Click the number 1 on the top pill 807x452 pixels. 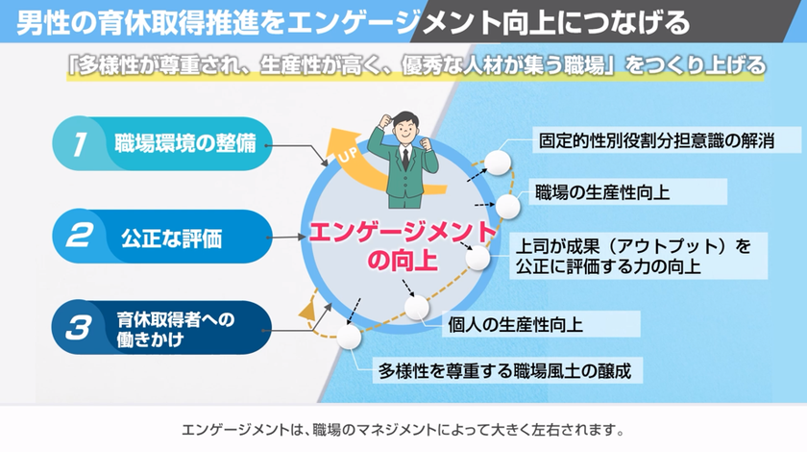[79, 144]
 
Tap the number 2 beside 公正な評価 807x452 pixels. [79, 236]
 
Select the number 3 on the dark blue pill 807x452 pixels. [78, 328]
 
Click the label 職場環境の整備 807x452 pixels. [185, 143]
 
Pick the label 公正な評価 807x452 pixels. [171, 239]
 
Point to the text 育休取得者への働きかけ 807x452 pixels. [176, 329]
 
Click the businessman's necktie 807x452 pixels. [405, 160]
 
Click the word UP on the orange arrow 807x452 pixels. [348, 153]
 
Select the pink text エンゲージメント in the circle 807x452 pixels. [402, 233]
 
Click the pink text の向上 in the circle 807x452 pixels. [402, 261]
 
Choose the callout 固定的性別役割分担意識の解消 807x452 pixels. [656, 140]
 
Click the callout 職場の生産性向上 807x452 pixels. [602, 192]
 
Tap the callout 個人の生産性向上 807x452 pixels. [515, 325]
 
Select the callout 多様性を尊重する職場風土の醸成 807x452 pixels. [505, 370]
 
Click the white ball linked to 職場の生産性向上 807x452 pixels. [507, 207]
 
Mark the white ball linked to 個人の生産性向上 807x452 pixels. [416, 307]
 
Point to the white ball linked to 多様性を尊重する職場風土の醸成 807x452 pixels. [349, 337]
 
